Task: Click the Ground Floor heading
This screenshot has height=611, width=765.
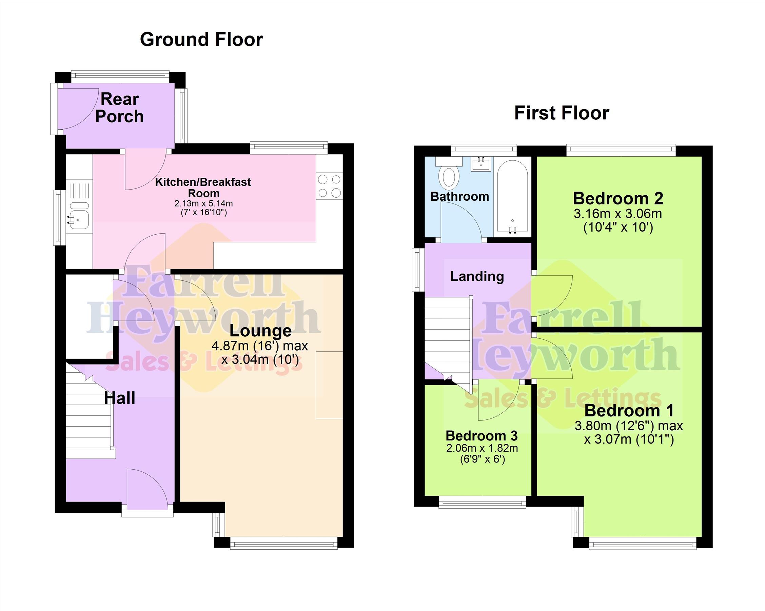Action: (x=201, y=39)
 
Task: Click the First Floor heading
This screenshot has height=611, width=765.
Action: (x=562, y=113)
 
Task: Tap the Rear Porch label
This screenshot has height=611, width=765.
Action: (x=120, y=108)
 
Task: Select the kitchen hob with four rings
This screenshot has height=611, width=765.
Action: (x=330, y=186)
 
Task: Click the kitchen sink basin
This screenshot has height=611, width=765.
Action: (x=78, y=215)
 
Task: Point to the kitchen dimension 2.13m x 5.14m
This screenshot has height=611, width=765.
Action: (x=203, y=204)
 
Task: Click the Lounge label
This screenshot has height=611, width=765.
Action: (x=260, y=331)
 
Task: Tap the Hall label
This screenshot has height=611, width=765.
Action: (x=120, y=398)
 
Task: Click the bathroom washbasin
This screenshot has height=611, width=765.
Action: (x=481, y=164)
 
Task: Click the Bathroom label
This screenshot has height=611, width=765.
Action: (x=460, y=197)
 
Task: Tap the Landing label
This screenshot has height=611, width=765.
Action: (x=477, y=276)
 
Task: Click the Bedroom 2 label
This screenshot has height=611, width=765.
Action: (x=618, y=199)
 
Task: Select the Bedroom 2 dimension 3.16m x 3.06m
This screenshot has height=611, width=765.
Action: (x=618, y=214)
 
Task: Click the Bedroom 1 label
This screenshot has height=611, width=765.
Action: (x=629, y=411)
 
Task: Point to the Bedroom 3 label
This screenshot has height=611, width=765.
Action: (x=482, y=436)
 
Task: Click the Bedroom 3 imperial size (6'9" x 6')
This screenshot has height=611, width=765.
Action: (x=482, y=459)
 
